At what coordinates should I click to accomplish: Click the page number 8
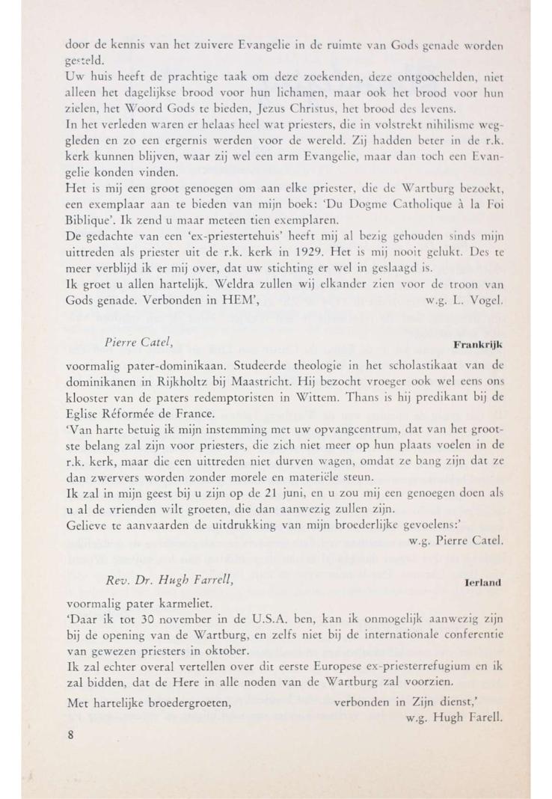click(x=70, y=735)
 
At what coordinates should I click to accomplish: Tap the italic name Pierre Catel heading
click(x=140, y=343)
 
